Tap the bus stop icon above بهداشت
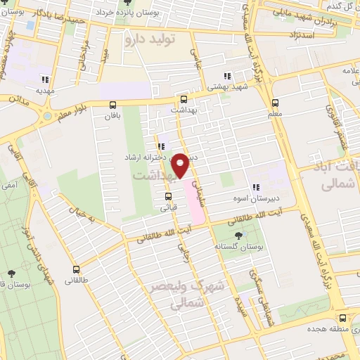(184, 100)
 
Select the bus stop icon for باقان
(113, 105)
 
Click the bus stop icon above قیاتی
(169, 196)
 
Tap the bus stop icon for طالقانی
(76, 269)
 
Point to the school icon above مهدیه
(46, 79)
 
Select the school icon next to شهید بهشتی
(226, 76)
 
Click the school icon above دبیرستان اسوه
(256, 187)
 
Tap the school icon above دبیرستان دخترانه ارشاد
(161, 146)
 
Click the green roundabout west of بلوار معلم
(47, 115)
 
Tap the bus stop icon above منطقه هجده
(342, 317)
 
